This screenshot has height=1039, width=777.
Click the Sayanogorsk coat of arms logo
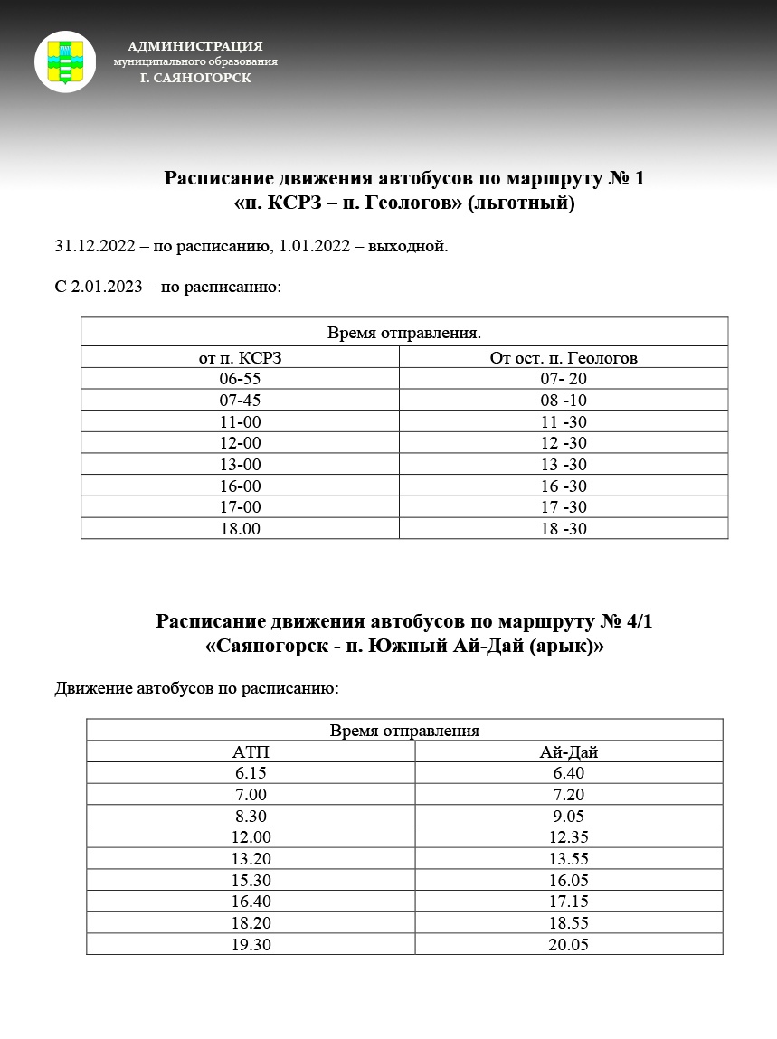click(65, 61)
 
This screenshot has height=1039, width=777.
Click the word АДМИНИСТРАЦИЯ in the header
click(195, 45)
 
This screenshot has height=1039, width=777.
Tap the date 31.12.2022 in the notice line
click(96, 246)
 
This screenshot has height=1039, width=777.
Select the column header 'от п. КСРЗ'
click(240, 357)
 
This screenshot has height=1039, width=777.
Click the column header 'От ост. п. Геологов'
click(564, 357)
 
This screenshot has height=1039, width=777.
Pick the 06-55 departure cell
click(240, 379)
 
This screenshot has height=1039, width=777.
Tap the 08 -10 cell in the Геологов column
click(564, 401)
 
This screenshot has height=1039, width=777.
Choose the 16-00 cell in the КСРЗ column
click(240, 486)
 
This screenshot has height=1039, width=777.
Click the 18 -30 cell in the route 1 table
click(564, 529)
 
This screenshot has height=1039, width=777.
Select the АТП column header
click(251, 751)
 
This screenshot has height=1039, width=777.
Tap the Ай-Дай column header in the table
click(569, 751)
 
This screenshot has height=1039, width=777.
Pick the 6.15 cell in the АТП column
click(251, 773)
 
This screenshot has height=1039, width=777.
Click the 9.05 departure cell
click(569, 816)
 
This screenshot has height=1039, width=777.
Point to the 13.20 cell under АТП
click(251, 859)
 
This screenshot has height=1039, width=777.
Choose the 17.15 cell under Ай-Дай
click(569, 902)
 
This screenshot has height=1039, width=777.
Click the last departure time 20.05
click(569, 944)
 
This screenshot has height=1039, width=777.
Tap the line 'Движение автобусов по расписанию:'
click(196, 689)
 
